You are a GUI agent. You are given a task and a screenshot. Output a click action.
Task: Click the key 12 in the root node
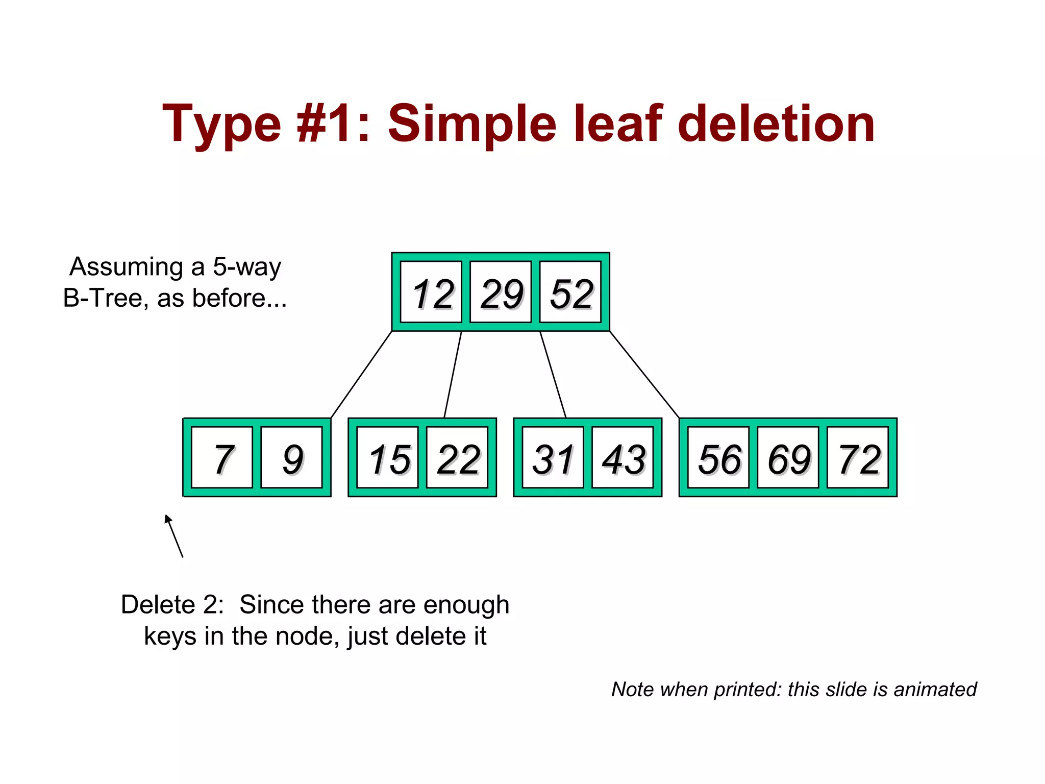pos(432,292)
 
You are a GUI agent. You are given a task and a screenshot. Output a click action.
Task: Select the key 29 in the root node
pos(501,292)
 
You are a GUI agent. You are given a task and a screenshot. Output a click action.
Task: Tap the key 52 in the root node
pos(570,292)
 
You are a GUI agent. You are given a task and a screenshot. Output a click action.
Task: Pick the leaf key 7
pos(222,458)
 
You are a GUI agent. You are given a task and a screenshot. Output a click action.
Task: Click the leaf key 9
pos(292,458)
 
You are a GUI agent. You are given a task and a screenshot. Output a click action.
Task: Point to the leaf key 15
pos(388,458)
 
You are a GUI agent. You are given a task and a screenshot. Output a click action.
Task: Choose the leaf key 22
pos(457,458)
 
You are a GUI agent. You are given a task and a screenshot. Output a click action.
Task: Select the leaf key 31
pos(553,458)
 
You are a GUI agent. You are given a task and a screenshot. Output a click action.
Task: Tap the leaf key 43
pos(623,458)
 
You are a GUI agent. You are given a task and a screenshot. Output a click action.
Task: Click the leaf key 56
pos(718,458)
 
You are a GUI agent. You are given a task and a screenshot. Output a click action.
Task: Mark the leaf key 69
pos(788,458)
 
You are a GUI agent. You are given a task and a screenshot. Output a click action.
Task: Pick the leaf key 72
pos(857,458)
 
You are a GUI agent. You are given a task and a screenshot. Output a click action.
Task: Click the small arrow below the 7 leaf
pos(173,535)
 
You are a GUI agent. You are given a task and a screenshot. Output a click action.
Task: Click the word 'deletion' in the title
pos(776,124)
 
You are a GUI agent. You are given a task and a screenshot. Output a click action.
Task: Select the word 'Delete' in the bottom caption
pos(158,605)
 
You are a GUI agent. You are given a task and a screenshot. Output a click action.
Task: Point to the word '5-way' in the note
pos(247,266)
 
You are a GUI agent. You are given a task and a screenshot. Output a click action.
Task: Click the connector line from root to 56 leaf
pos(644,374)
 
